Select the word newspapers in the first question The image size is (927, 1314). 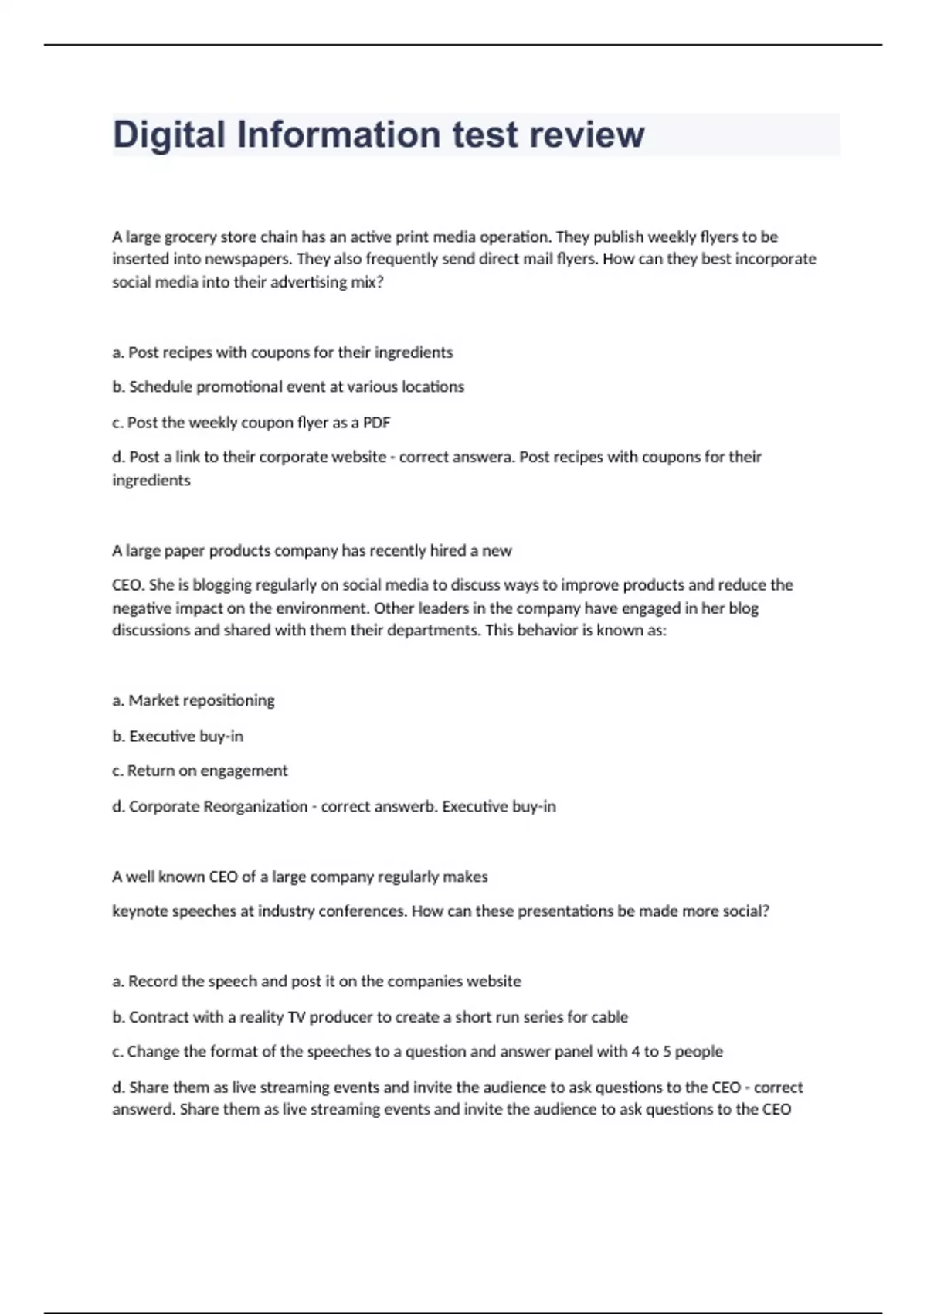pyautogui.click(x=252, y=259)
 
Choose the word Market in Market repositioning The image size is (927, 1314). pyautogui.click(x=153, y=700)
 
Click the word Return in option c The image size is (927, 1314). pyautogui.click(x=151, y=771)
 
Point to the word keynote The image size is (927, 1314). pyautogui.click(x=140, y=911)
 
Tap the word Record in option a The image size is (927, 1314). pyautogui.click(x=152, y=981)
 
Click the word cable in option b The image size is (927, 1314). pyautogui.click(x=610, y=1017)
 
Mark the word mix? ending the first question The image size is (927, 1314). pyautogui.click(x=367, y=282)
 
